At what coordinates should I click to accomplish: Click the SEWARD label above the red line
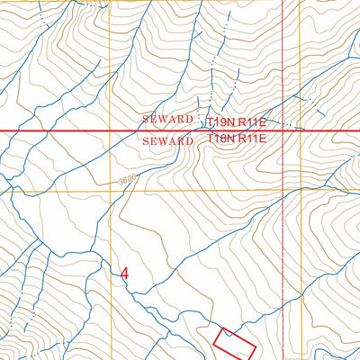point(167,120)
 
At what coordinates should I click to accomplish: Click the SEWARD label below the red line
point(167,141)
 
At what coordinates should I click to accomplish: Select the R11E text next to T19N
point(253,120)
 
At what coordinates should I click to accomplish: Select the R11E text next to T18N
point(253,139)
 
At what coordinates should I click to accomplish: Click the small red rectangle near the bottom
point(234,342)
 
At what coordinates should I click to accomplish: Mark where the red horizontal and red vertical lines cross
point(283,130)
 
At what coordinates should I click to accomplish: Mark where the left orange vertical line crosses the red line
point(110,130)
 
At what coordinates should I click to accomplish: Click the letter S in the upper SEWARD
point(145,120)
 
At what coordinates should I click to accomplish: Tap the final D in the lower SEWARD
point(190,141)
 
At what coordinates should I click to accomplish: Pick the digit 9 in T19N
point(221,120)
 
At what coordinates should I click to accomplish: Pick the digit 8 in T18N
point(221,139)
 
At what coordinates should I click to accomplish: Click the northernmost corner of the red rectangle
point(225,327)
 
